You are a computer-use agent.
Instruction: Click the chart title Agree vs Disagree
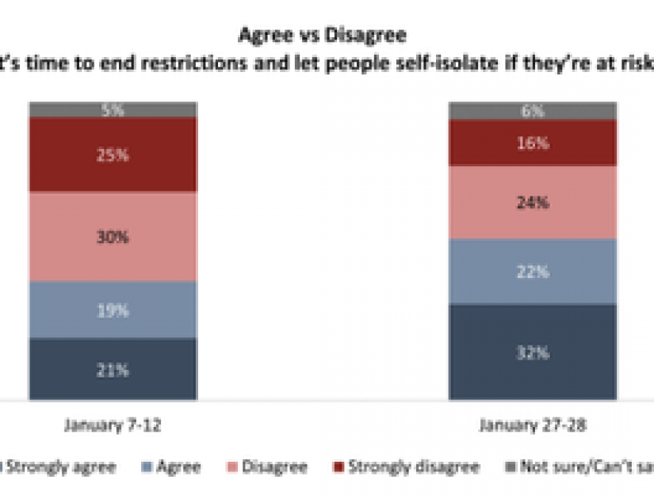[x=327, y=36]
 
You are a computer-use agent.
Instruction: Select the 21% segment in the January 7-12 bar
[x=113, y=369]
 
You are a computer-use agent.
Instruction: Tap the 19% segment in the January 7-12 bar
[x=113, y=310]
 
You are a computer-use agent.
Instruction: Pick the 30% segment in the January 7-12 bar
[x=113, y=237]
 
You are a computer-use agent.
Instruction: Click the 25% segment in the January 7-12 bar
[x=113, y=155]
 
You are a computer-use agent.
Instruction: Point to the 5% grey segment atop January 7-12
[x=113, y=111]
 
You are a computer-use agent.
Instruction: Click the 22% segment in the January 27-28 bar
[x=532, y=272]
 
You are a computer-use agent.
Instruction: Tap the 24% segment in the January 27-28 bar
[x=532, y=203]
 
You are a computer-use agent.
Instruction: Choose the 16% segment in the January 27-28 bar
[x=532, y=143]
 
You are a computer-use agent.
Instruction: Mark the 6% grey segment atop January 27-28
[x=532, y=111]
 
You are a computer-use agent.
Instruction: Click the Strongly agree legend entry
[x=63, y=467]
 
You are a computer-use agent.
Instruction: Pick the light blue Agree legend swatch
[x=151, y=467]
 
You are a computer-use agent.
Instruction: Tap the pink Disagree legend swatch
[x=236, y=467]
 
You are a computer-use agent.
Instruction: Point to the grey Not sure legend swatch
[x=511, y=467]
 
